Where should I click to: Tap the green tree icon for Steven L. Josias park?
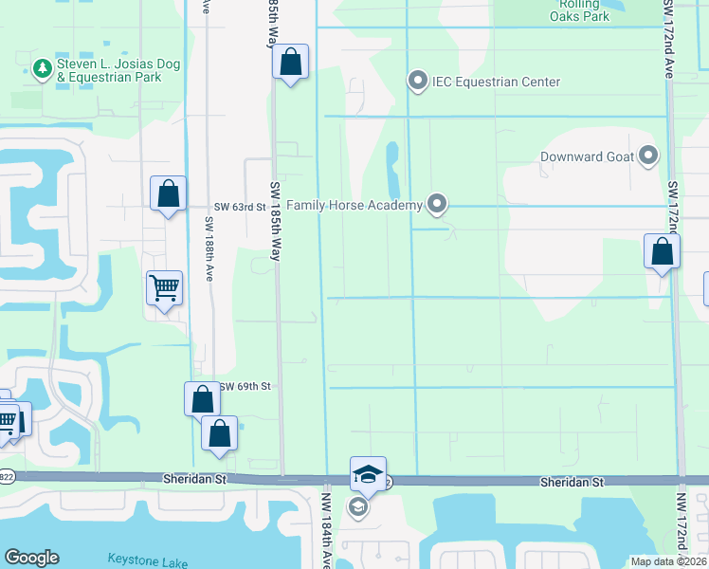(42, 67)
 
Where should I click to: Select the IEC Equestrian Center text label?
(497, 83)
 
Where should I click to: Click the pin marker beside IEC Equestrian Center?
(417, 82)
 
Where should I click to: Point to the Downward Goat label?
(586, 156)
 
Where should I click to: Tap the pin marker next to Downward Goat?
(648, 156)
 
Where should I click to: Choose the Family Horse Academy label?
(354, 204)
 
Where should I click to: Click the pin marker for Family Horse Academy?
(436, 203)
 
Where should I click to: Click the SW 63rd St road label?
(238, 206)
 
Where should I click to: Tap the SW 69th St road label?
(245, 387)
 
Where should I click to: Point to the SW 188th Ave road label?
(209, 242)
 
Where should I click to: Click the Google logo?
(31, 557)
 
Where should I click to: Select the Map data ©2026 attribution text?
(668, 561)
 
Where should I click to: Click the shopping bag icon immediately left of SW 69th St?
(202, 398)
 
